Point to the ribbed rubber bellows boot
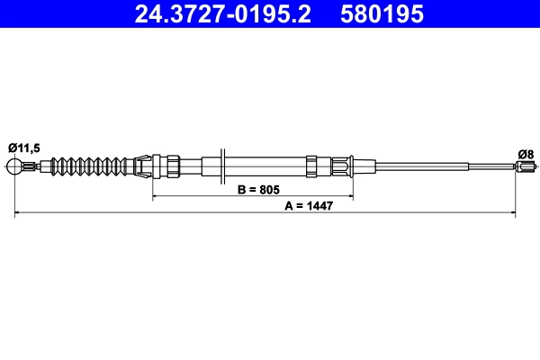point(89,166)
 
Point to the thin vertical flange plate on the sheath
point(221,166)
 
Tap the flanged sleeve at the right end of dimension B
point(346,166)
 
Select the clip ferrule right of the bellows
point(139,166)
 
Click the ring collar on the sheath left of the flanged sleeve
point(311,166)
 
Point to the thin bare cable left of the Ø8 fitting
point(490,166)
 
